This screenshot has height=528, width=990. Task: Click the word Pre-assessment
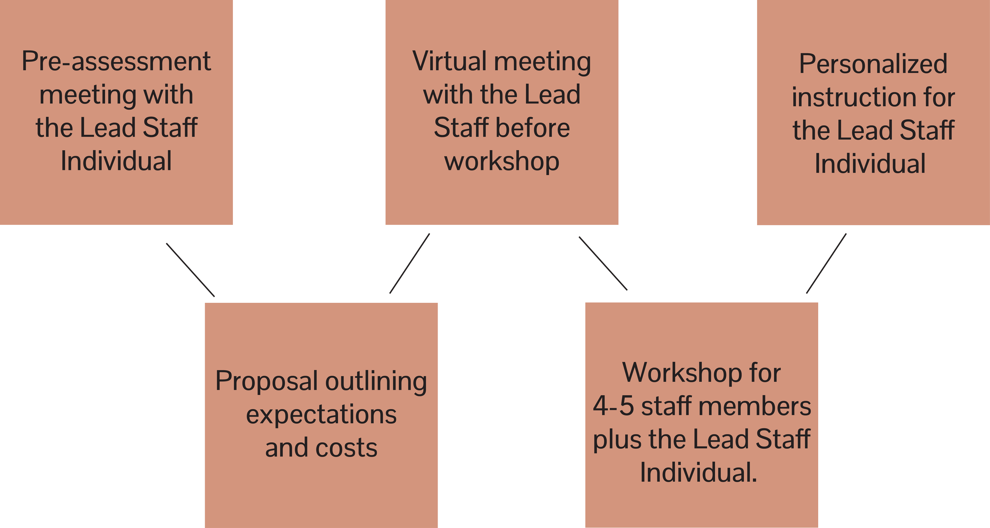[x=116, y=62]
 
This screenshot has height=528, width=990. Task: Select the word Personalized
[x=873, y=64]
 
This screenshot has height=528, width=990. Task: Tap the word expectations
[x=321, y=415]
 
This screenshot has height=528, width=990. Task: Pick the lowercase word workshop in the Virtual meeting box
[x=502, y=161]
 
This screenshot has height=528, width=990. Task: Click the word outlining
[x=376, y=381]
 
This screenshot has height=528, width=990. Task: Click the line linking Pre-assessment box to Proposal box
[x=190, y=270]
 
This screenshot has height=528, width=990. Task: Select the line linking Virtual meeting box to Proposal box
[x=409, y=264]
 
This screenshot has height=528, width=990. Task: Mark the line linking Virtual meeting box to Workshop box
[x=603, y=264]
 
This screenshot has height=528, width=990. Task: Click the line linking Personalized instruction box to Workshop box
[x=826, y=264]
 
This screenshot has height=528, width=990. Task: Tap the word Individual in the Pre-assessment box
[x=116, y=161]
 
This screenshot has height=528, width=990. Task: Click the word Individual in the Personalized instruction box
[x=870, y=164]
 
